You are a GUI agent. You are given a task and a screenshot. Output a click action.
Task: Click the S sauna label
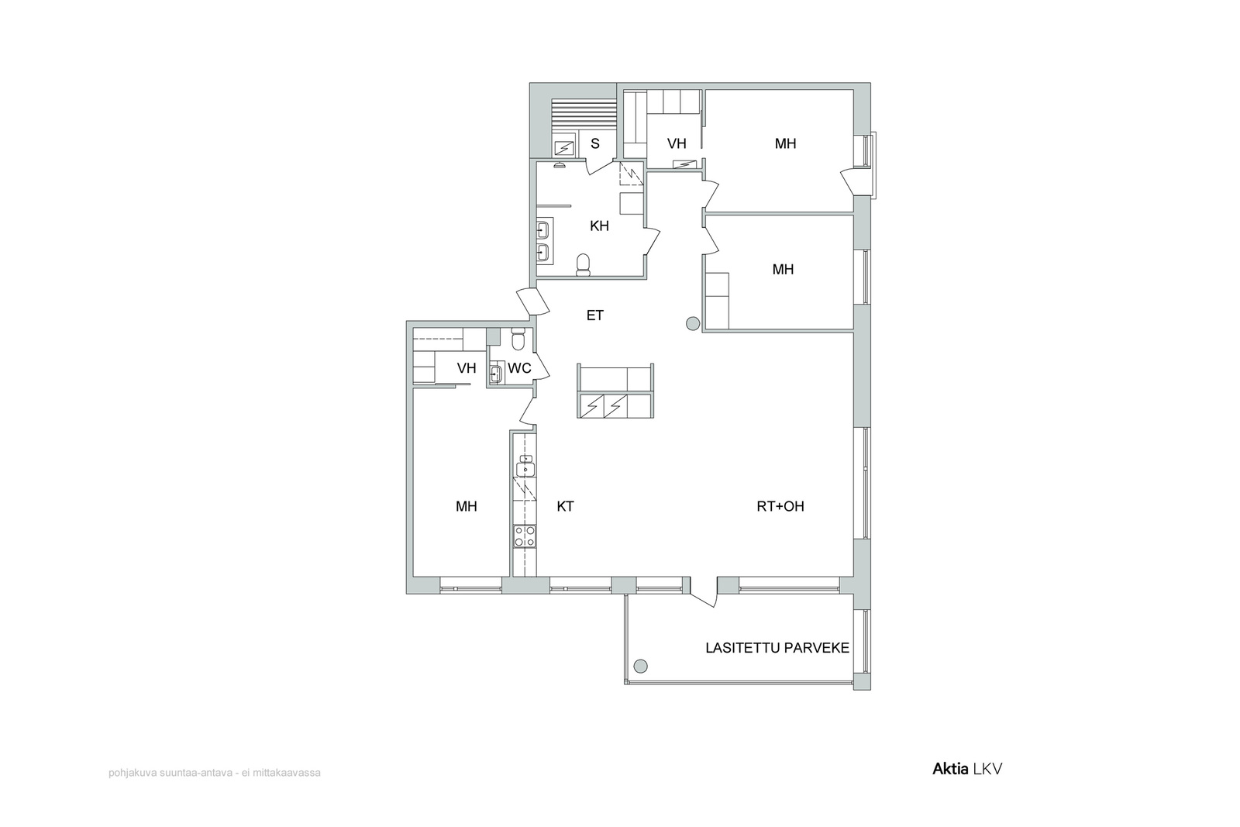coord(595,144)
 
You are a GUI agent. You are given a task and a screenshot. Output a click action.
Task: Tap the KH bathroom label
coord(600,226)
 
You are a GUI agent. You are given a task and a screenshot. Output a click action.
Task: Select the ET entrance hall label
coord(595,315)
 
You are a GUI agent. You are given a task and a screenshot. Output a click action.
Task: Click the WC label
coord(519,368)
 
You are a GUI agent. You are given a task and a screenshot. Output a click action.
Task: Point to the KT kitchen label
coord(565,506)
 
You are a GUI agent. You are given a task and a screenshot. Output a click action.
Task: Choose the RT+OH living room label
coord(780,506)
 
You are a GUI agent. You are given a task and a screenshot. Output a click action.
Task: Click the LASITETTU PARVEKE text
coord(777,648)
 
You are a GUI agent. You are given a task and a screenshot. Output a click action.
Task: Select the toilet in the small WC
coord(518,339)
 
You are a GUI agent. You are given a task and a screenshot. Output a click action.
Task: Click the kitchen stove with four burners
coord(525,536)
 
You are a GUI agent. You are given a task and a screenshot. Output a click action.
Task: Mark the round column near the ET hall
coord(693,324)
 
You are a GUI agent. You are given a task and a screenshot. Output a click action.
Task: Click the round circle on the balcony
coord(640,666)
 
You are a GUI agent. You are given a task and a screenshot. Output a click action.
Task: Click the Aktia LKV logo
coord(967,769)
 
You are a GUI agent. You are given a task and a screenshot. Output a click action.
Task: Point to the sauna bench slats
coord(584,115)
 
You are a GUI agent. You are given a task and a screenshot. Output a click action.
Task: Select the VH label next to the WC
coord(467,368)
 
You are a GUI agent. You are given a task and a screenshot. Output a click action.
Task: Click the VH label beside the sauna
coord(677,144)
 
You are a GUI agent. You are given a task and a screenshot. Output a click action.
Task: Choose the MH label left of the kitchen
coord(466,506)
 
